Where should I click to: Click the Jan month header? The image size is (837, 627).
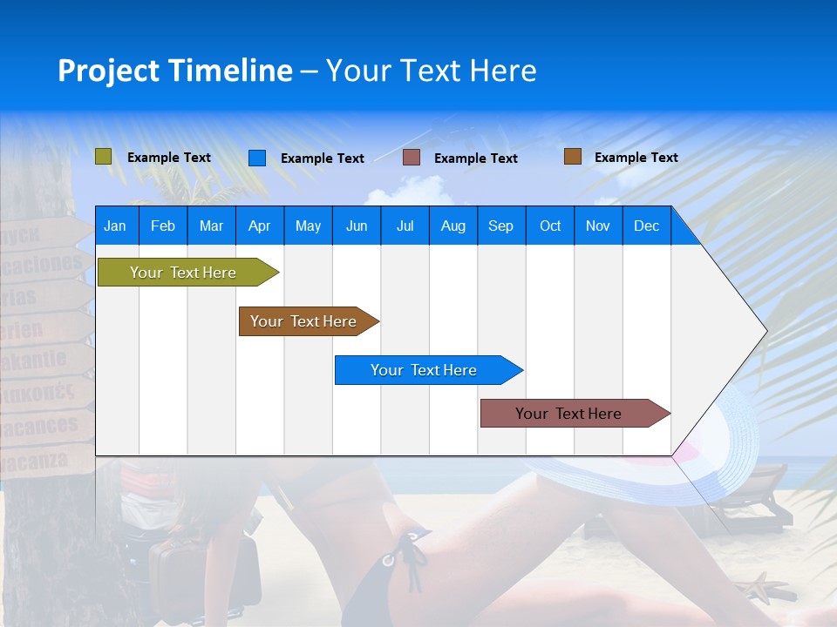pyautogui.click(x=115, y=226)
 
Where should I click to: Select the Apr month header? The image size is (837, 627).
pyautogui.click(x=260, y=226)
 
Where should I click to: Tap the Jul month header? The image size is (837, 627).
pyautogui.click(x=405, y=226)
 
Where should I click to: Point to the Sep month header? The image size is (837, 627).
pyautogui.click(x=500, y=226)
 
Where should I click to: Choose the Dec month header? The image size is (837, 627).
pyautogui.click(x=646, y=226)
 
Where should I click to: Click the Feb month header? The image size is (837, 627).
pyautogui.click(x=163, y=226)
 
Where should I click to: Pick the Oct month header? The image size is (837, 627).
pyautogui.click(x=550, y=226)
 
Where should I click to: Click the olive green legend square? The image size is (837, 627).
pyautogui.click(x=104, y=157)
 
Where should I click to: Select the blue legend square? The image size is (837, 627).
pyautogui.click(x=257, y=158)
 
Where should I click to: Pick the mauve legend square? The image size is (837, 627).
pyautogui.click(x=412, y=158)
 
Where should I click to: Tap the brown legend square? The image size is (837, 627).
pyautogui.click(x=573, y=157)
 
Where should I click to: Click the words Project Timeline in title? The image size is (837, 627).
pyautogui.click(x=174, y=71)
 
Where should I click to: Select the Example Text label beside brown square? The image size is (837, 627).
pyautogui.click(x=636, y=158)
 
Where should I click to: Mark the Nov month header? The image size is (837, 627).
pyautogui.click(x=598, y=226)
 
